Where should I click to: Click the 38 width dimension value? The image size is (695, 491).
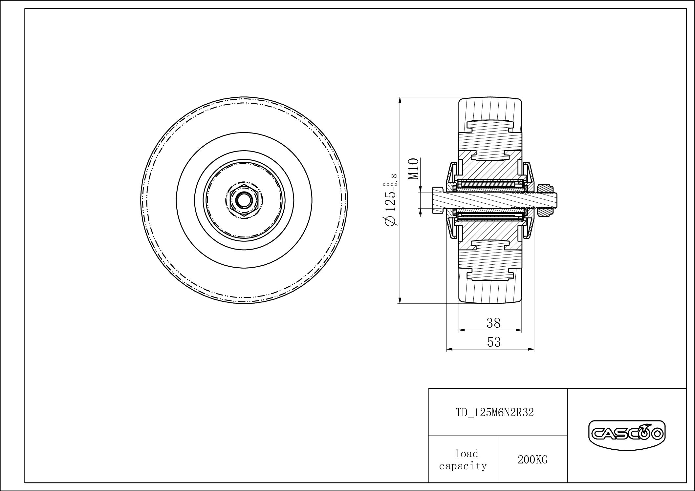click(x=493, y=323)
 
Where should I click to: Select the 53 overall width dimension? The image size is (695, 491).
click(x=494, y=342)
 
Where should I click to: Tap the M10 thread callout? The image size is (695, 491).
click(x=414, y=169)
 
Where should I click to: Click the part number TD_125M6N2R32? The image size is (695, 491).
click(x=495, y=412)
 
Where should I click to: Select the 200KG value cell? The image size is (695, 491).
click(x=532, y=460)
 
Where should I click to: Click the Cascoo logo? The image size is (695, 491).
click(x=626, y=434)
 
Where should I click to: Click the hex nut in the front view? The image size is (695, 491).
click(x=243, y=200)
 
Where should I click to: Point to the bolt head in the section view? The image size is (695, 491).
click(x=438, y=200)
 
